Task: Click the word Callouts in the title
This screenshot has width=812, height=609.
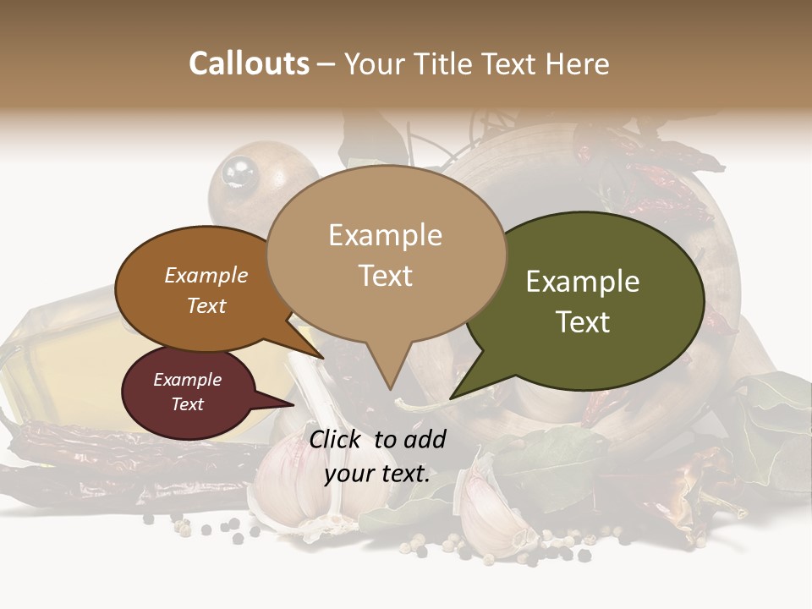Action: tap(249, 63)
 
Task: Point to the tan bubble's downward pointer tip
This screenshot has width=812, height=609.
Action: tap(390, 388)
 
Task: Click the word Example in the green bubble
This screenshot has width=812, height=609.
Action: tap(583, 282)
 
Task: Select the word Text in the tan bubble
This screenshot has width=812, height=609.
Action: tap(386, 276)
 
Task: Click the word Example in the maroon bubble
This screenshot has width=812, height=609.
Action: tap(187, 380)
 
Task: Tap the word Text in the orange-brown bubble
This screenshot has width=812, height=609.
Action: tap(206, 305)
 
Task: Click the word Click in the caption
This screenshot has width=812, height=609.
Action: tap(337, 439)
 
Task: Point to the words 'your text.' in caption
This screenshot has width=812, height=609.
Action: tap(377, 474)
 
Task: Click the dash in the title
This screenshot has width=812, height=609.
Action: tap(327, 64)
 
